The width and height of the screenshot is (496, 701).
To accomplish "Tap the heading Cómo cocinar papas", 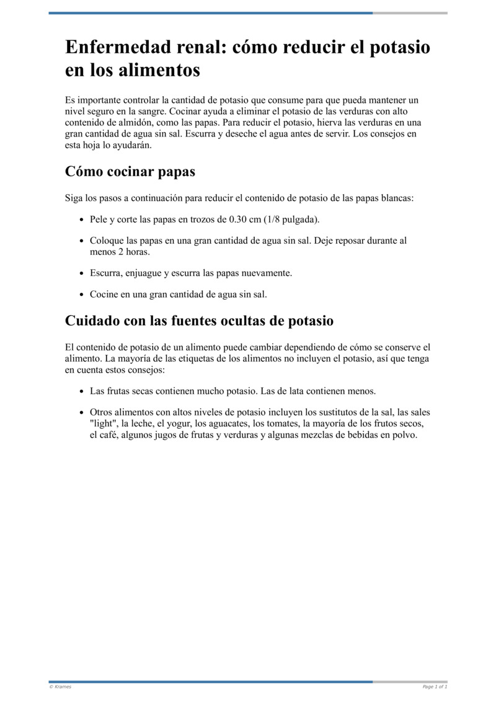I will click(130, 171).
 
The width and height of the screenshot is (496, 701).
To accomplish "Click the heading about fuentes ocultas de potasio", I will click(199, 321).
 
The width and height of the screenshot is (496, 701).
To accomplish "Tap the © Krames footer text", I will click(60, 687).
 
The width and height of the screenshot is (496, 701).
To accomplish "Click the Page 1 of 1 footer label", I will click(435, 687).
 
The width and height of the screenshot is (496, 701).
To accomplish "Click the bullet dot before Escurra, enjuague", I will click(82, 273).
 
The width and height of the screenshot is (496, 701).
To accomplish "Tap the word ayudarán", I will click(132, 146).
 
